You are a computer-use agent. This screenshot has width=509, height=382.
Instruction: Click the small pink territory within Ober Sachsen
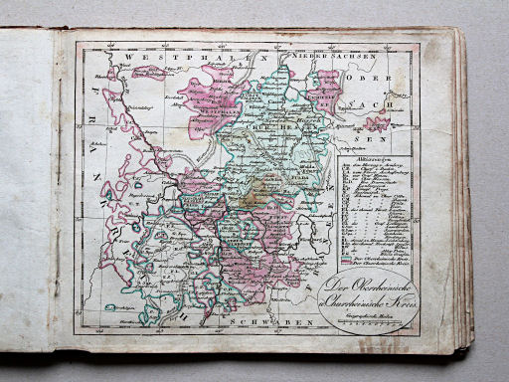[x=377, y=124]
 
